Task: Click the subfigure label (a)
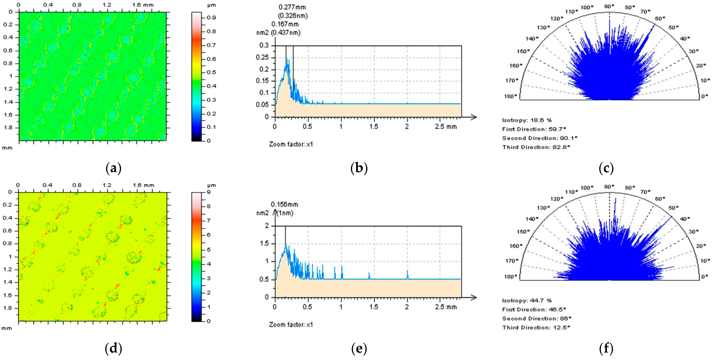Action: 113,168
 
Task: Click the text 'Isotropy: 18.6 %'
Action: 527,120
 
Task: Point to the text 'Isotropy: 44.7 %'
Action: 527,300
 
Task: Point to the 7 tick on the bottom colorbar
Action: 209,220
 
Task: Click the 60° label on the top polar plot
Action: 660,19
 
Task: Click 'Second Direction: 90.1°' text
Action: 540,138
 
